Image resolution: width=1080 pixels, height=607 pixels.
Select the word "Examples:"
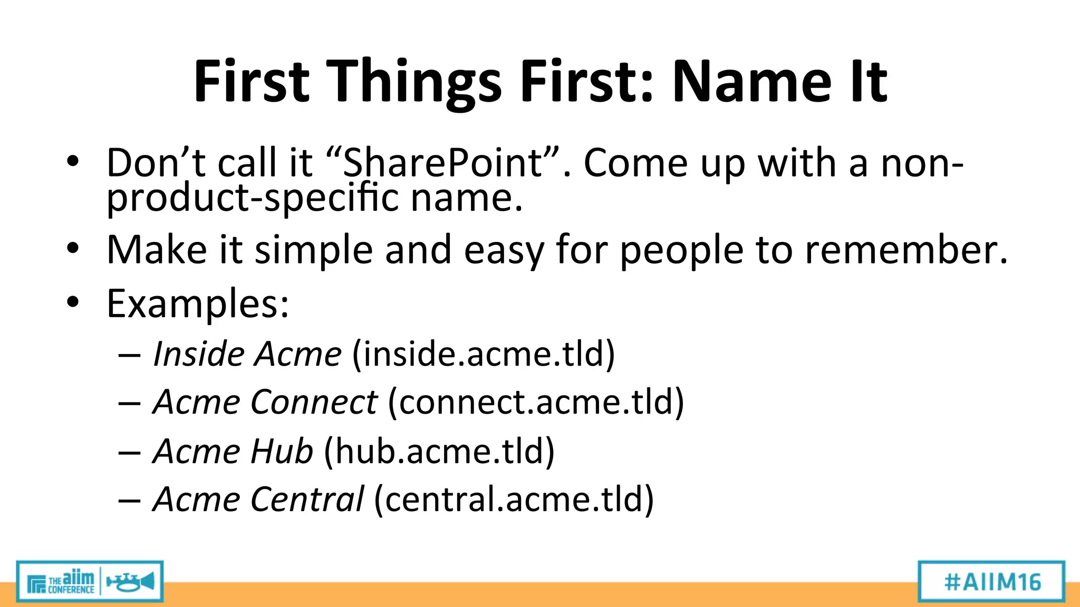[x=198, y=304]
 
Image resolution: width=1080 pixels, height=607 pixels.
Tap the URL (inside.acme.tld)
[x=483, y=354]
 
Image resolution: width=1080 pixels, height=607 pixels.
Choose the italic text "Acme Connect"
[x=265, y=402]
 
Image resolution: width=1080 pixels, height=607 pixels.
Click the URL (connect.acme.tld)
[x=536, y=402]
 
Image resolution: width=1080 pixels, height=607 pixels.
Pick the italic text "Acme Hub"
[x=233, y=451]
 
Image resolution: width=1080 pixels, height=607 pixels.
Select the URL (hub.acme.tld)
[x=439, y=451]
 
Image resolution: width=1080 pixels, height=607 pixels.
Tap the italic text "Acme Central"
[x=258, y=499]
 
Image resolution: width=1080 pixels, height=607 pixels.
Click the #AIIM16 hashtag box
[x=991, y=582]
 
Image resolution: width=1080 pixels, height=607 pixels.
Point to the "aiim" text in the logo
[x=78, y=577]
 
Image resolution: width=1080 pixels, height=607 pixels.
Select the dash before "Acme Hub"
[x=129, y=452]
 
